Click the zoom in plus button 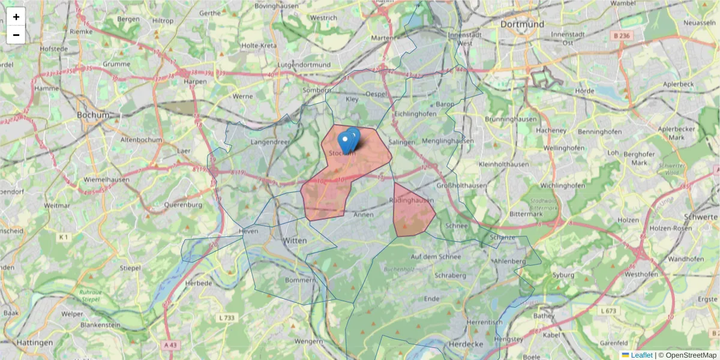[x=16, y=17]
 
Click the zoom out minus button [x=16, y=35]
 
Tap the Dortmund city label [x=521, y=25]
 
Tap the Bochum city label [x=93, y=115]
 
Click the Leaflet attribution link [x=641, y=355]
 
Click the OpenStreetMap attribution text [x=691, y=355]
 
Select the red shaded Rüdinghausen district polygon [x=412, y=213]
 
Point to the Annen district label [x=364, y=214]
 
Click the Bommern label [x=299, y=280]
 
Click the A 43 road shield [x=171, y=345]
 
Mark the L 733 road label [x=227, y=317]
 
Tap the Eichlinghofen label [x=415, y=114]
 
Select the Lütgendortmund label [x=304, y=65]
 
